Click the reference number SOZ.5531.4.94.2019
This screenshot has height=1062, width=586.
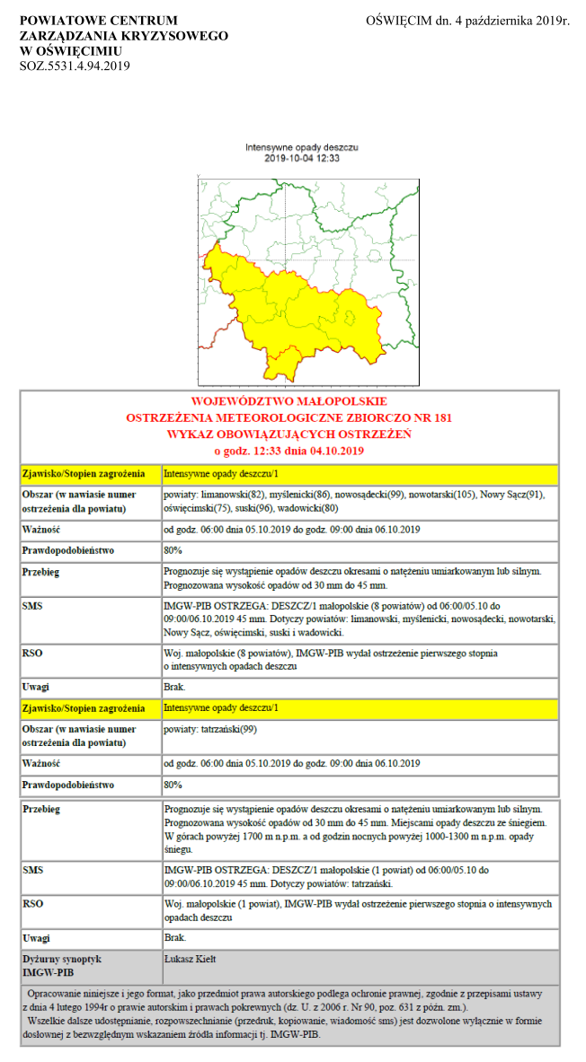[75, 66]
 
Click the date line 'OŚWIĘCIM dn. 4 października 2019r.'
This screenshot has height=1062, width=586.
[468, 21]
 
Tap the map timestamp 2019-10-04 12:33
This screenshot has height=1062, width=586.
[302, 158]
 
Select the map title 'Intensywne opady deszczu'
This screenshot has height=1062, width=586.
[302, 146]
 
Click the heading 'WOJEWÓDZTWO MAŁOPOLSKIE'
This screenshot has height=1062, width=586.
[289, 401]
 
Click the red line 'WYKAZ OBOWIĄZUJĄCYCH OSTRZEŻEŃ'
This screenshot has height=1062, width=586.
[289, 434]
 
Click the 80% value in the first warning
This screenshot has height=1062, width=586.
[173, 549]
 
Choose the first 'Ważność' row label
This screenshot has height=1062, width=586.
[40, 529]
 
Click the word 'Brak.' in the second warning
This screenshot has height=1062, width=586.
[174, 937]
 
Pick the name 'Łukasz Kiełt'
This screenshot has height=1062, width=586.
[191, 959]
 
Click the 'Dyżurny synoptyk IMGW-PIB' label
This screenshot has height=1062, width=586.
[61, 965]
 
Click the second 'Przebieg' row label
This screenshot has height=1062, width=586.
[41, 809]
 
